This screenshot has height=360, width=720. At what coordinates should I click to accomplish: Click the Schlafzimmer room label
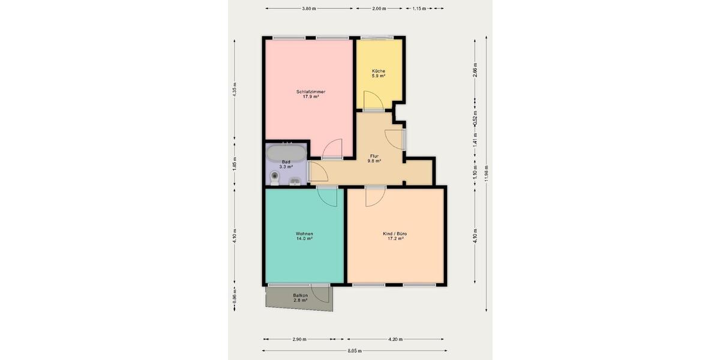[310, 94]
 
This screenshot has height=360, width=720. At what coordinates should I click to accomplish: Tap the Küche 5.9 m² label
[378, 73]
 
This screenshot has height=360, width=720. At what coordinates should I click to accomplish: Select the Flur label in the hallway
[374, 158]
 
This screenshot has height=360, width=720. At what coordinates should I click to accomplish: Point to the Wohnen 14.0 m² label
[304, 236]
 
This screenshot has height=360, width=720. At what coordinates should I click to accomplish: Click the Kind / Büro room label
[395, 236]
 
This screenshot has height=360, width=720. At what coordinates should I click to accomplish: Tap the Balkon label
[301, 298]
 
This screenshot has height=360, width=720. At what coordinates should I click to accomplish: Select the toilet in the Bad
[275, 178]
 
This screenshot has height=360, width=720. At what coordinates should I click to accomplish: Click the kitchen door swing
[372, 100]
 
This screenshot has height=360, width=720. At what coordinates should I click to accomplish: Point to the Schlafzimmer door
[332, 149]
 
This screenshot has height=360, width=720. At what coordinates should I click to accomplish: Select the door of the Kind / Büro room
[376, 196]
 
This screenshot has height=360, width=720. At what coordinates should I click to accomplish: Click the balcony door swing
[320, 293]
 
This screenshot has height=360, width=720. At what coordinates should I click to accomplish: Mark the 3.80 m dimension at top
[309, 8]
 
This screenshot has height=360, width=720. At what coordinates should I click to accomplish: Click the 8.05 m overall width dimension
[354, 351]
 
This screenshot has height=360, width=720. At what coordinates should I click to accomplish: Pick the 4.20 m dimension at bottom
[395, 340]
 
